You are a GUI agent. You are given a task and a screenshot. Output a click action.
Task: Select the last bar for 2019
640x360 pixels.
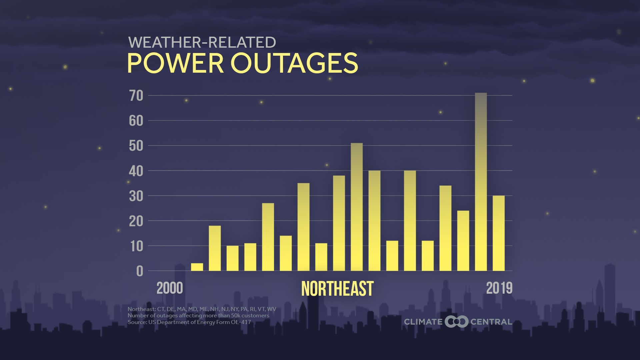point(498,233)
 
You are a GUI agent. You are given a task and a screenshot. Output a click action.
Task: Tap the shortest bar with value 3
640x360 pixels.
point(197,267)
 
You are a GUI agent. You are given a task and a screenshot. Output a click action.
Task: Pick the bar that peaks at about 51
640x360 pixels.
point(357,207)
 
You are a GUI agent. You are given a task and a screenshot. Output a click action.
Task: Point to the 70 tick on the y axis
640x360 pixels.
point(136,96)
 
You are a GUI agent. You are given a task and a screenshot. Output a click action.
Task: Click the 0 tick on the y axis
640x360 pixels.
point(140,271)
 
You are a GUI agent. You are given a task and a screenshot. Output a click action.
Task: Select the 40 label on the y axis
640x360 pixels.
point(136,171)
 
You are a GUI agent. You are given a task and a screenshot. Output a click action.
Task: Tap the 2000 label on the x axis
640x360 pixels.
point(170,288)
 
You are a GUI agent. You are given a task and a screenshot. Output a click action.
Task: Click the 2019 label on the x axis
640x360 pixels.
point(499,288)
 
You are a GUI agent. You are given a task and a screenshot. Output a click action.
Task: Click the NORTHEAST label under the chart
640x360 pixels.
point(337,289)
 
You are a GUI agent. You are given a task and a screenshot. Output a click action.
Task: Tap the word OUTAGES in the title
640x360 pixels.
point(294,63)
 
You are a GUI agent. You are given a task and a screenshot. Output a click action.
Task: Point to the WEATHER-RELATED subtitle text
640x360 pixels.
point(202,42)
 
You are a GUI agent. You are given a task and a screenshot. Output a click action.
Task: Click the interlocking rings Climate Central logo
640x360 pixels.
point(456,322)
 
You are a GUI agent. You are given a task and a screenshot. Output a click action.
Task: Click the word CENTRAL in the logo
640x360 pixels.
point(491,322)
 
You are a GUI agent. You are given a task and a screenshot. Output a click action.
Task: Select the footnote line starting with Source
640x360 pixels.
point(189,322)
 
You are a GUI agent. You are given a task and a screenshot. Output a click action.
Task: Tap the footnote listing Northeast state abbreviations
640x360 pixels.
point(202,309)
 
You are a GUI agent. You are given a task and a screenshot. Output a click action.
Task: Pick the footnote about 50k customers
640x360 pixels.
point(198,316)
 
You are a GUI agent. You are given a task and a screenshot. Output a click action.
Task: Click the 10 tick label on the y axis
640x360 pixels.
point(136,246)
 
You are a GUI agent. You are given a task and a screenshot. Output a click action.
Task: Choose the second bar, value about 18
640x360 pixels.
point(215,248)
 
